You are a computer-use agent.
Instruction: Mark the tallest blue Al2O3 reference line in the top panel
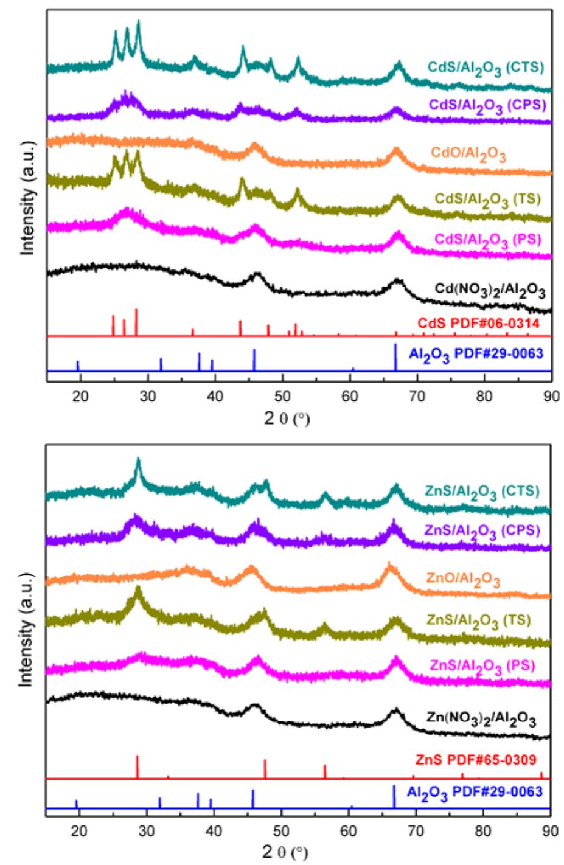tap(395, 358)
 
